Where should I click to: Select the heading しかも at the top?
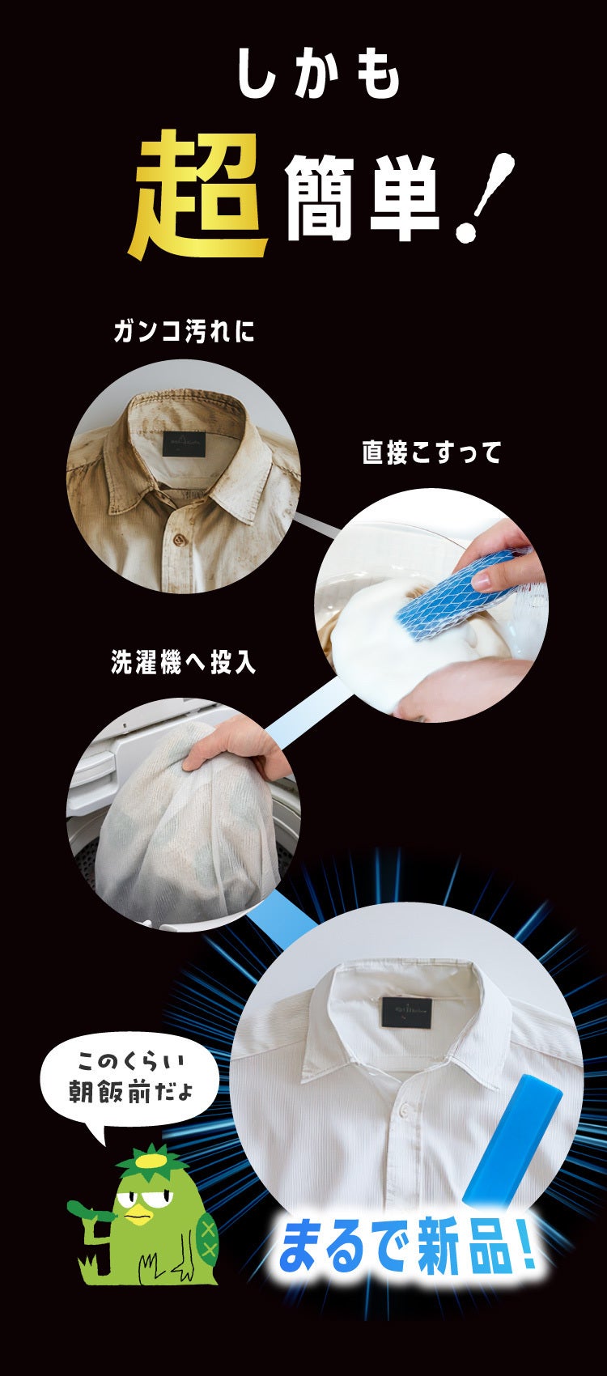point(318,74)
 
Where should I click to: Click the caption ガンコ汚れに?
point(184,332)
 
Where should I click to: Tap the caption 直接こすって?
point(432,452)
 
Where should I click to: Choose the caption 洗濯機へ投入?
point(183,662)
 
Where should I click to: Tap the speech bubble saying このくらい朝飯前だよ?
point(129,1081)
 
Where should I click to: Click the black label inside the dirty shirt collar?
point(185,443)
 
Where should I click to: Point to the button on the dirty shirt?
point(180,539)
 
